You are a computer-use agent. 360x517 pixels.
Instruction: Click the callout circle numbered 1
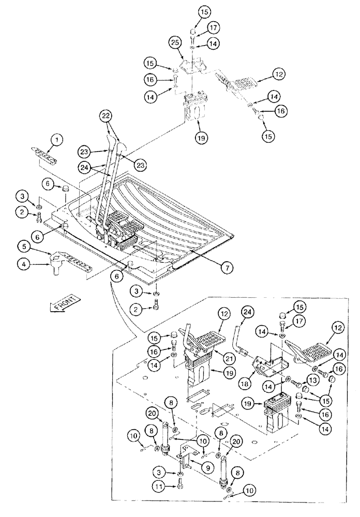[x=57, y=139]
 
